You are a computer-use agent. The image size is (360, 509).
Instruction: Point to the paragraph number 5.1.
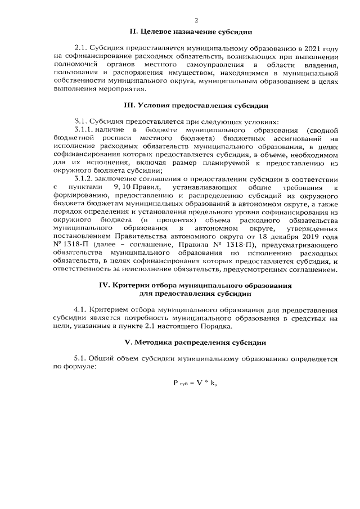click(82, 358)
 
